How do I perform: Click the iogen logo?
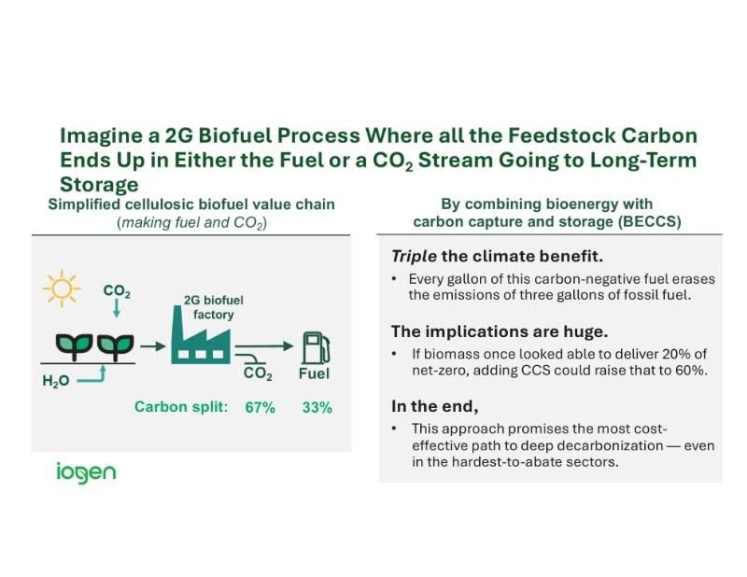point(85,471)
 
